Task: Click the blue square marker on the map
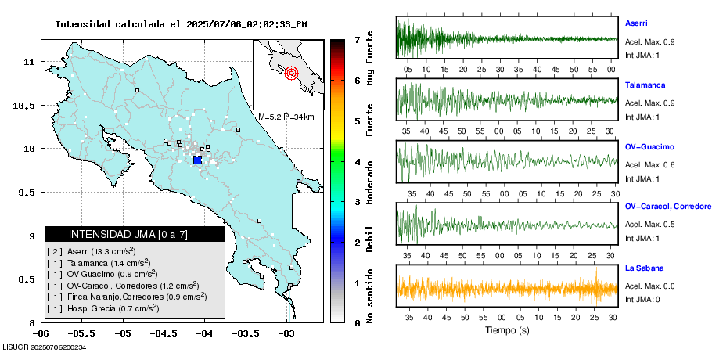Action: [197, 160]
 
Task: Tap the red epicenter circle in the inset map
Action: [292, 74]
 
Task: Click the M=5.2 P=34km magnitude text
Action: [286, 117]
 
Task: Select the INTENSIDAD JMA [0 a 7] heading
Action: [128, 234]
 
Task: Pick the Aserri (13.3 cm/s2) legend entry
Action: [90, 251]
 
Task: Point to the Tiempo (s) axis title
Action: [507, 330]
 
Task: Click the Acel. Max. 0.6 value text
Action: [648, 164]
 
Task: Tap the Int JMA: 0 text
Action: [642, 299]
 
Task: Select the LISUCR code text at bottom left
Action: [44, 347]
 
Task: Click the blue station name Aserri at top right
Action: [637, 23]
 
